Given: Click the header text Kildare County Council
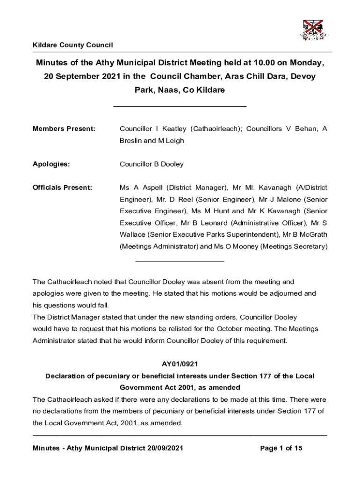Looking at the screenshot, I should tap(73, 45).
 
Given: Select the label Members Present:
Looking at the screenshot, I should tap(64, 129).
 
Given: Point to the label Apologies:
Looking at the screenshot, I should tap(51, 164).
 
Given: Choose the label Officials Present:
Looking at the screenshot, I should tap(62, 188).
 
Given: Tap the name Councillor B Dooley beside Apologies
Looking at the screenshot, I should tap(151, 164).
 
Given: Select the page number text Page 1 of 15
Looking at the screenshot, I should tap(281, 448).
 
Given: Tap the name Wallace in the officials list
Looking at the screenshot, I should tap(133, 234).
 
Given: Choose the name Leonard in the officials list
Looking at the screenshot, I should tap(211, 223).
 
